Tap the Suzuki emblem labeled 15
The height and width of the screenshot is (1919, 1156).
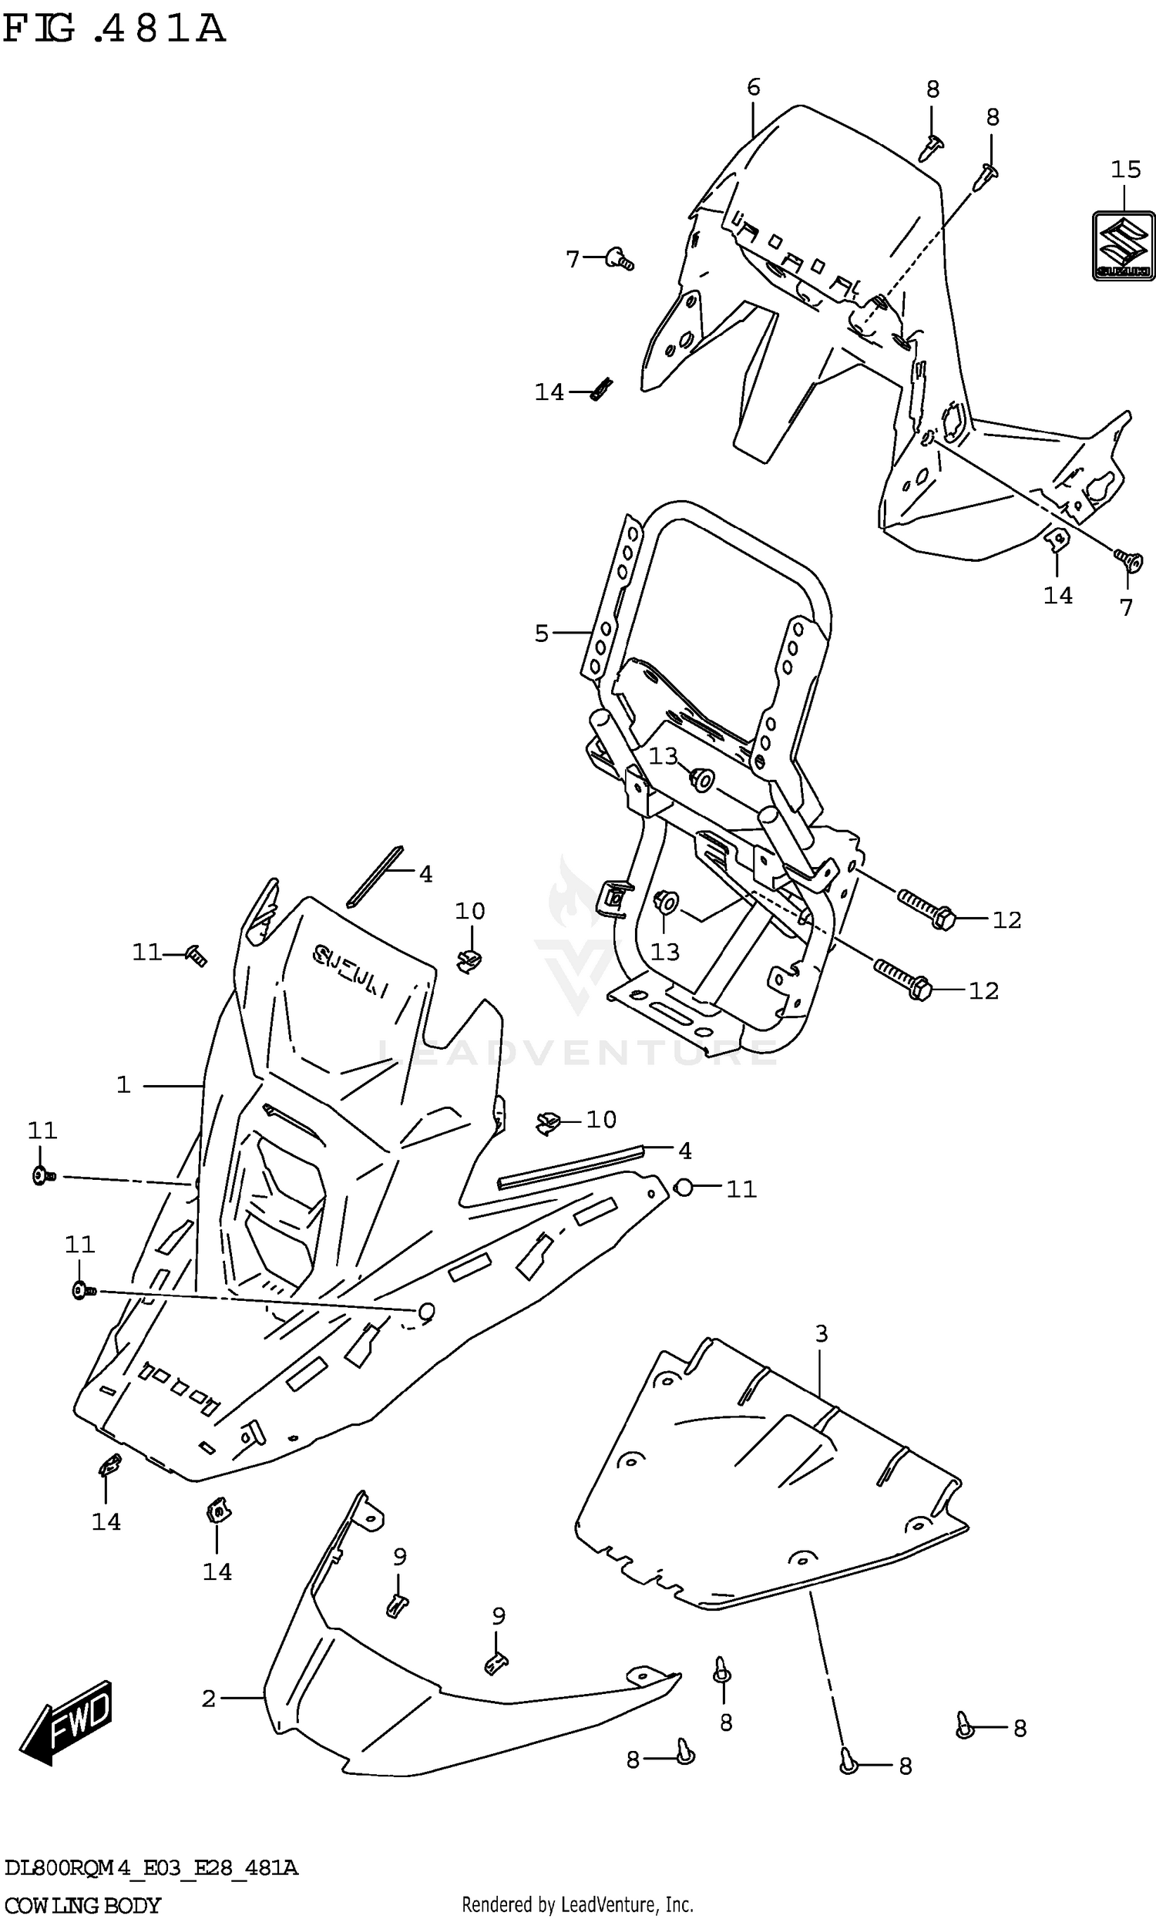1124,246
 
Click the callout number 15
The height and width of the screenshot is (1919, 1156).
1125,170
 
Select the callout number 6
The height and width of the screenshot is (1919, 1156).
752,87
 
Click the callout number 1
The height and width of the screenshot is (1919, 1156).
123,1085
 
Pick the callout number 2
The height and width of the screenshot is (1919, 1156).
208,1699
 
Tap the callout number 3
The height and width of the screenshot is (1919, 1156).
821,1333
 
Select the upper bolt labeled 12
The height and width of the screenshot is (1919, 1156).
924,909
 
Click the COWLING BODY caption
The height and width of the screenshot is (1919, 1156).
82,1906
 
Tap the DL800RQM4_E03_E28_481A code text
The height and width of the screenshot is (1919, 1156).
151,1868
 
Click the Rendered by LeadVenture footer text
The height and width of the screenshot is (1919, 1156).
577,1905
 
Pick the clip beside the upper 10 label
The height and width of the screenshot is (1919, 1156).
468,962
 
